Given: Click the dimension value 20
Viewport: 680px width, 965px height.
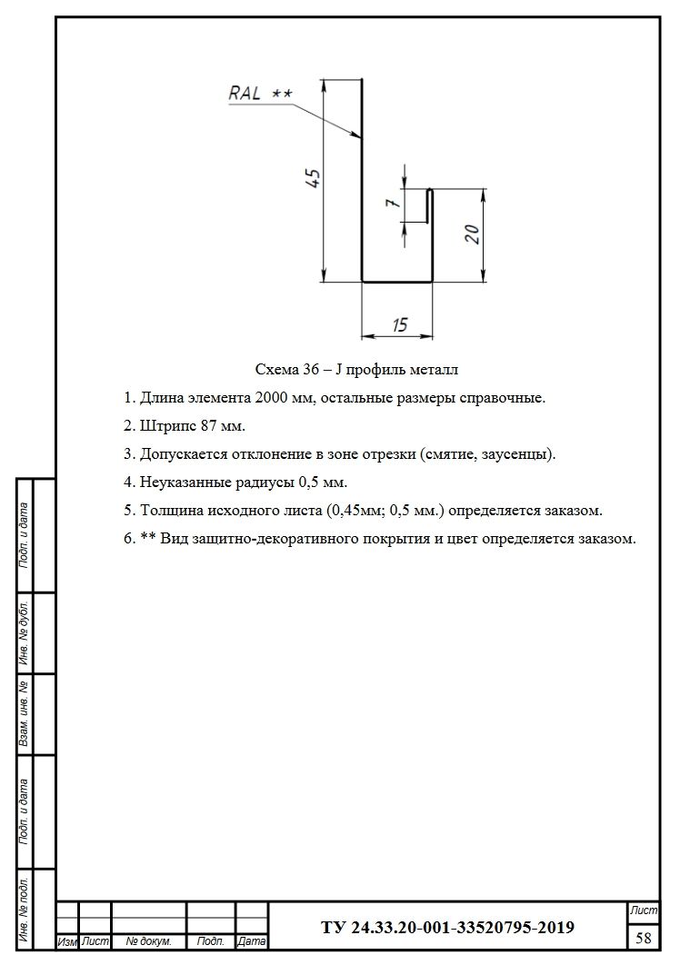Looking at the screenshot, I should click(x=472, y=234).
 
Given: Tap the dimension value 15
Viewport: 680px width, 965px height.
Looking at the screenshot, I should click(x=397, y=324).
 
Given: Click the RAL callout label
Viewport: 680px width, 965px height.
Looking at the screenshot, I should click(x=245, y=93).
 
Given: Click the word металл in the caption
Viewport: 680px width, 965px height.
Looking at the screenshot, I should click(x=433, y=370).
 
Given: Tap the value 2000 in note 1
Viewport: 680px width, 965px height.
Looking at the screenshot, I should click(x=273, y=398).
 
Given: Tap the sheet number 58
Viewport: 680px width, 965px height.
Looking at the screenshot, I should click(x=644, y=937).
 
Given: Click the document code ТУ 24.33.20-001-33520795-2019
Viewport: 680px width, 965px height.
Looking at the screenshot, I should click(x=447, y=928).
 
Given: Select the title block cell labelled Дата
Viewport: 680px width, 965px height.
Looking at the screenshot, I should click(x=251, y=942).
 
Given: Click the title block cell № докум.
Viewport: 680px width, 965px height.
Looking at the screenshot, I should click(x=148, y=942).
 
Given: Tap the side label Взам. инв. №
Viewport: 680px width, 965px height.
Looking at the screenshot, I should click(x=25, y=715).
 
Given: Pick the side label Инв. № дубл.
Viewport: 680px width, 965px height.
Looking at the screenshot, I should click(x=25, y=633).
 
